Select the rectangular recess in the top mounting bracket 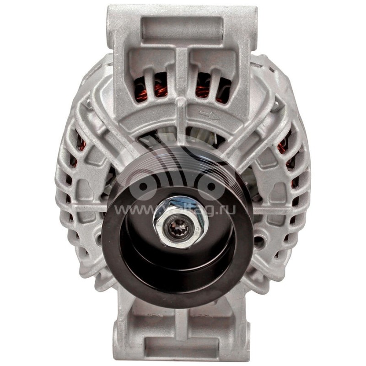(182, 28)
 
